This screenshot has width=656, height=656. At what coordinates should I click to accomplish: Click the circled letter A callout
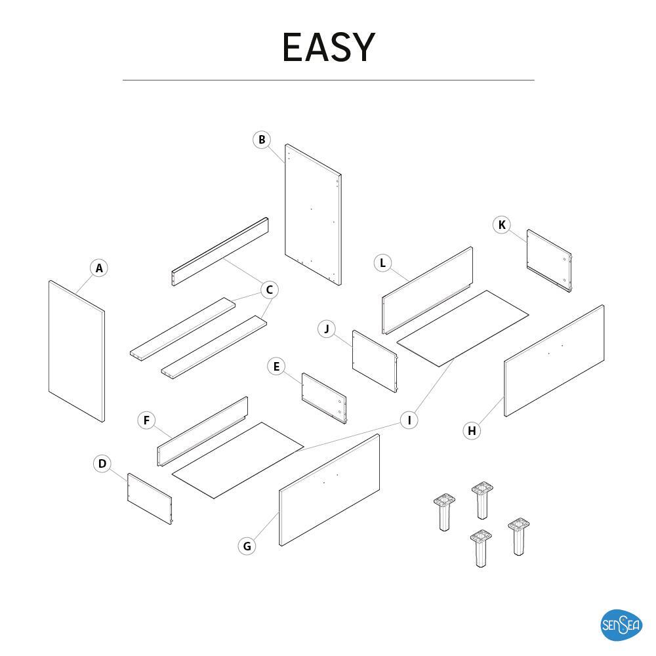(99, 268)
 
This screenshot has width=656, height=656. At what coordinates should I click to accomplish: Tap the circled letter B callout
(262, 140)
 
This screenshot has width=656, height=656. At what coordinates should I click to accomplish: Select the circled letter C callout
(270, 289)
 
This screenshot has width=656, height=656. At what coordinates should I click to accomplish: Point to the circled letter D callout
(102, 464)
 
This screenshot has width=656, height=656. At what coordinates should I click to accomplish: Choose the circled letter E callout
(276, 367)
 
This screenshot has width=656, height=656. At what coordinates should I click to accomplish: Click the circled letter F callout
(146, 420)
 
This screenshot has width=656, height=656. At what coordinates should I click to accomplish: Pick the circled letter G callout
(247, 546)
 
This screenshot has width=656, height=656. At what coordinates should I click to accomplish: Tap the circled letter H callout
(472, 430)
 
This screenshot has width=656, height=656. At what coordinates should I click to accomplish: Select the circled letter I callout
(409, 420)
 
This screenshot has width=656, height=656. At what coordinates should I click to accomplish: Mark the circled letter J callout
(327, 329)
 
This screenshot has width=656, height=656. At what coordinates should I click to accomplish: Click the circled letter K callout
(502, 225)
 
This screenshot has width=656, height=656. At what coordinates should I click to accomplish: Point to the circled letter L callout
(382, 263)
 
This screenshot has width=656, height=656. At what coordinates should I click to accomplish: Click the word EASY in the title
(329, 47)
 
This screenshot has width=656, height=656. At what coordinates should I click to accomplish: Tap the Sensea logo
(621, 625)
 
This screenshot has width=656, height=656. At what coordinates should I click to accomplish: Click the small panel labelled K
(549, 260)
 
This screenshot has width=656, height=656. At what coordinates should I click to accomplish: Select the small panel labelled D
(150, 499)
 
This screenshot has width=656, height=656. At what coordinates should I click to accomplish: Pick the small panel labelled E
(325, 398)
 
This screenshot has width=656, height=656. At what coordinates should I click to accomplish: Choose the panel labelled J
(375, 361)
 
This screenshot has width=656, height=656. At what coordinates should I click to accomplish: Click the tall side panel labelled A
(77, 352)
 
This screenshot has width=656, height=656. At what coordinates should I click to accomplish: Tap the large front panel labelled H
(554, 361)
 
